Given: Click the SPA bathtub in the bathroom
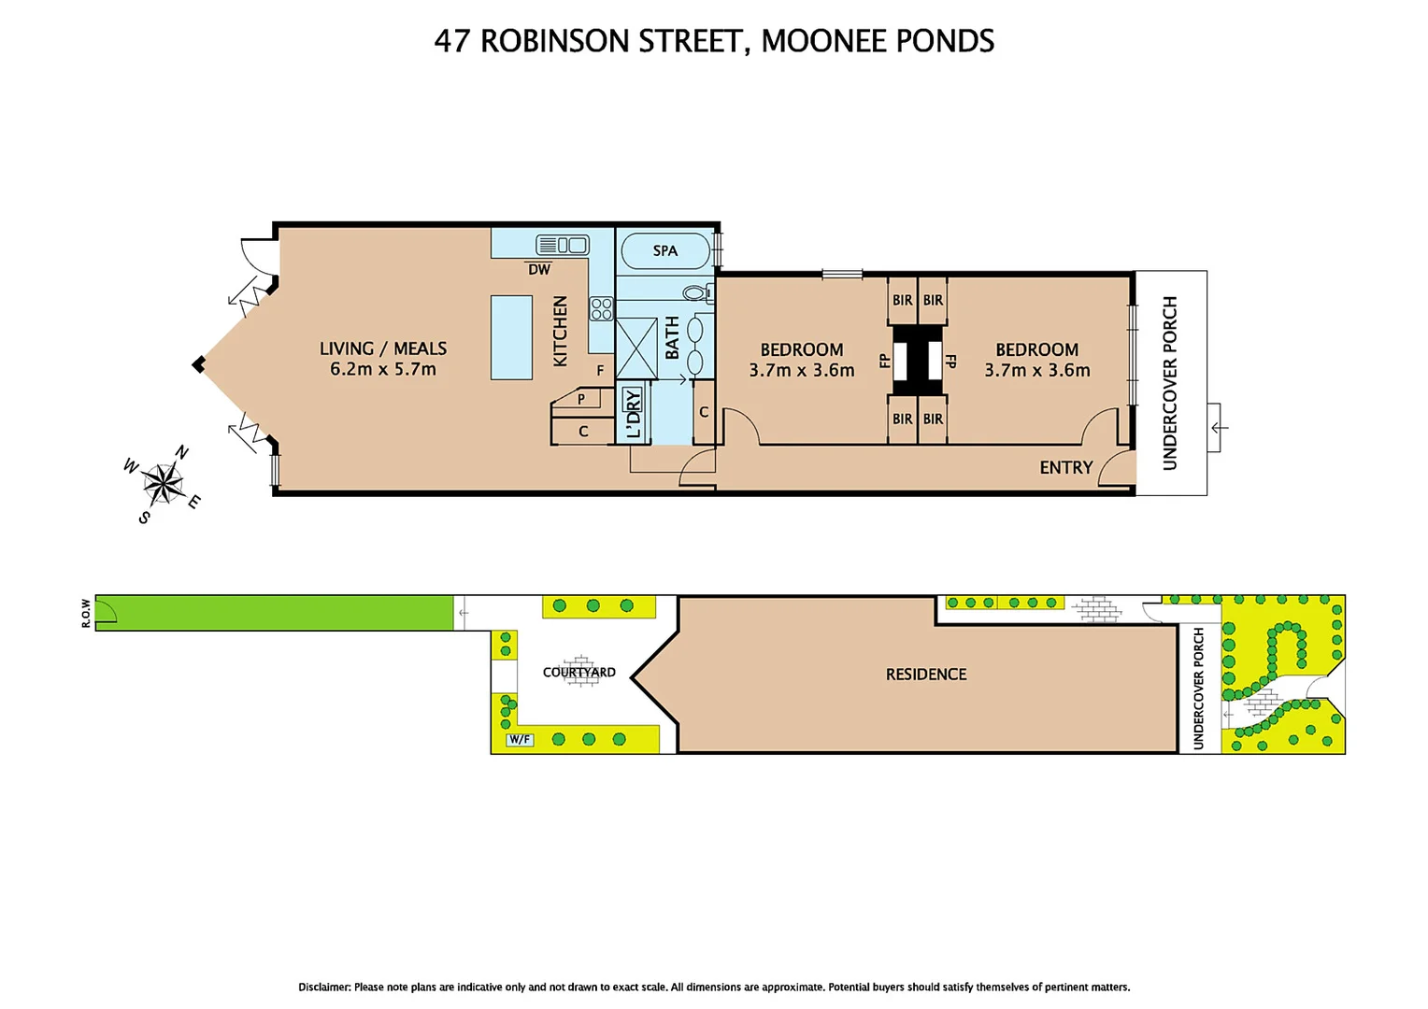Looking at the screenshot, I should click(664, 250).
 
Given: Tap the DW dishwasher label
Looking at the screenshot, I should click(539, 269).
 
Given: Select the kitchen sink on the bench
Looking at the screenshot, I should click(563, 245).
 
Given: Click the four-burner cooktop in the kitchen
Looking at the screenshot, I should click(601, 308).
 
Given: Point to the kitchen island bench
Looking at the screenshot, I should click(511, 337).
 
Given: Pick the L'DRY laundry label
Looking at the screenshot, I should click(634, 413).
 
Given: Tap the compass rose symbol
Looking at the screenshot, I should click(164, 483).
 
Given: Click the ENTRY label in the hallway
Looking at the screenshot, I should click(1065, 467).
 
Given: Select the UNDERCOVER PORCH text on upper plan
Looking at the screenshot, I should click(1169, 382).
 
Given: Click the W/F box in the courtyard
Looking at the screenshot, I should click(520, 740).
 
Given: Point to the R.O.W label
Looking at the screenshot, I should click(86, 613).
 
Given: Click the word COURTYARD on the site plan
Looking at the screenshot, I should click(578, 672).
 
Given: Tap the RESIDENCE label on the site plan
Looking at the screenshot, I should click(925, 674).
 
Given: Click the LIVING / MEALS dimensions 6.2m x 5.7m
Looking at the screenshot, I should click(382, 369).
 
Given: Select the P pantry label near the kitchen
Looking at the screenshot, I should click(580, 399).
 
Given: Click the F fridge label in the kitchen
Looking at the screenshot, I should click(600, 370).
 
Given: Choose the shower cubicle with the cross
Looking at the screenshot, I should click(636, 348).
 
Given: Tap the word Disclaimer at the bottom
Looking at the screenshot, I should click(324, 987).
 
